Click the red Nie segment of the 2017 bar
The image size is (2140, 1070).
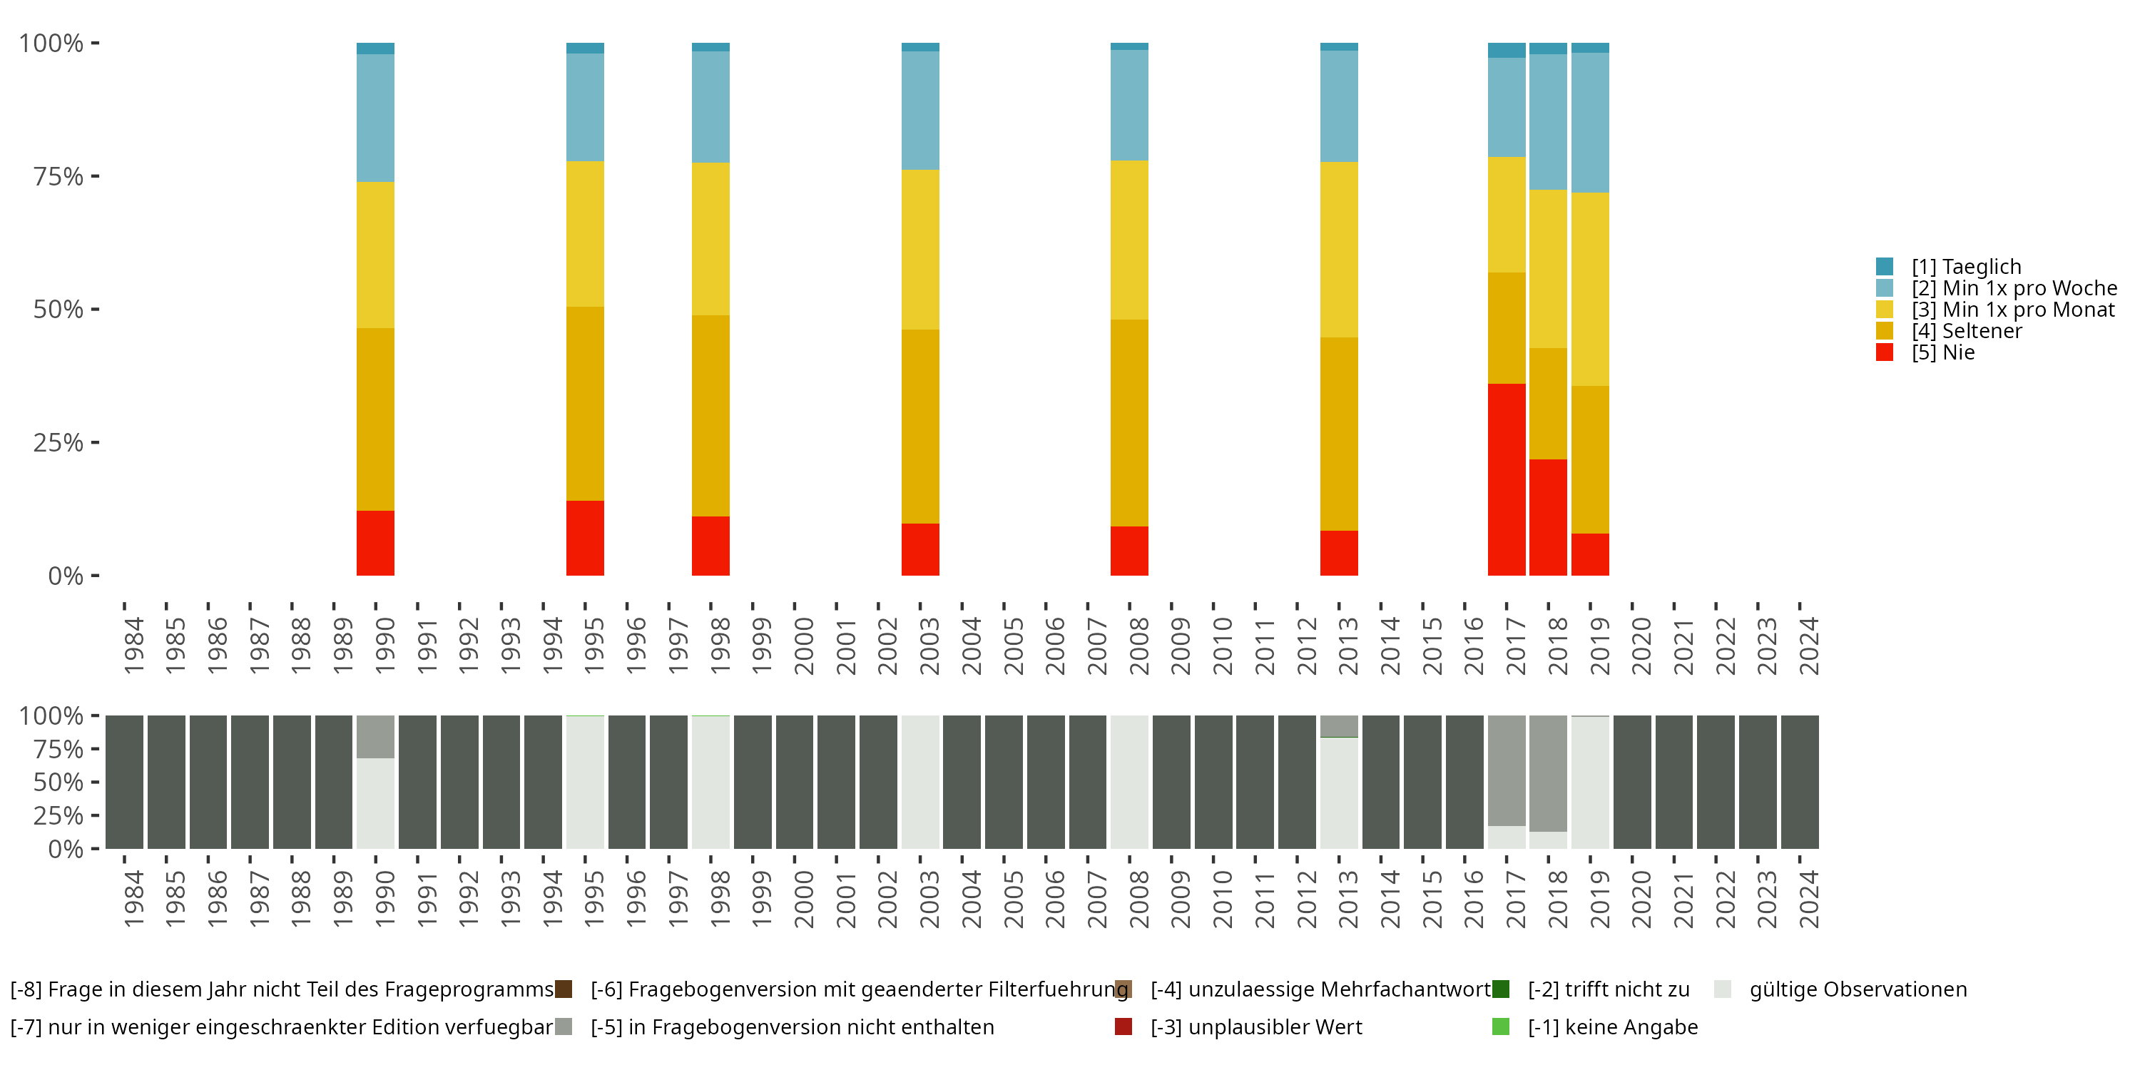[1506, 479]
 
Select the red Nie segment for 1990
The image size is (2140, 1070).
[375, 544]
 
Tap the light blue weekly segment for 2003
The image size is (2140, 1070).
[919, 111]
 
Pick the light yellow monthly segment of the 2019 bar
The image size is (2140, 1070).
[1590, 289]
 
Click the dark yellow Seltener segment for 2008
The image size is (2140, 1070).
[1129, 423]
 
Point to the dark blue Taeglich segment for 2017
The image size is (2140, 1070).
[1506, 51]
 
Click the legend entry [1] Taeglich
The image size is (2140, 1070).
[1965, 267]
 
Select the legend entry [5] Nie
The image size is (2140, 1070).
[1942, 352]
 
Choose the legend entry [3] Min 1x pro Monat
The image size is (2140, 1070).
[2012, 310]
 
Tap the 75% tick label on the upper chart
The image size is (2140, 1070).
[58, 176]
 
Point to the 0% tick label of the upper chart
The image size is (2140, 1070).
[66, 576]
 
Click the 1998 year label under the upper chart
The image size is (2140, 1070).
[720, 646]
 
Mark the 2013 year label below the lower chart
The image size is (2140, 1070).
[1347, 899]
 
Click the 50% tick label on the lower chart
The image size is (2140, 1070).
[58, 782]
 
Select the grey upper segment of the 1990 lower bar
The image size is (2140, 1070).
[375, 737]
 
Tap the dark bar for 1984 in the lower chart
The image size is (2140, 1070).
[125, 782]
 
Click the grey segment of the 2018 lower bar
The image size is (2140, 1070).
[1548, 773]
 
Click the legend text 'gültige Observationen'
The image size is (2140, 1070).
[1858, 989]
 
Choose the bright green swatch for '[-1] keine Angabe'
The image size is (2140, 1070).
[1500, 1026]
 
